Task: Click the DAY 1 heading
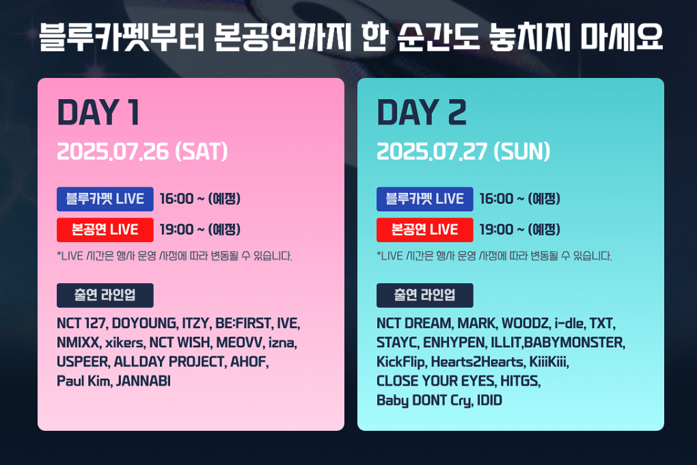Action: (98, 113)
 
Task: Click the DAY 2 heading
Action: (422, 113)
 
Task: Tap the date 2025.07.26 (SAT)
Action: (142, 151)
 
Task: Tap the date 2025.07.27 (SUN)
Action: (463, 151)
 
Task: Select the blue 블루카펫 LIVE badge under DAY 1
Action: (105, 199)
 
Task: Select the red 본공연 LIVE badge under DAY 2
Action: (424, 230)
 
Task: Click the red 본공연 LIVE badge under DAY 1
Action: (105, 230)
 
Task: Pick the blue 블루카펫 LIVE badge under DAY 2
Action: (424, 199)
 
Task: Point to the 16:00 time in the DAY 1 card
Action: (176, 199)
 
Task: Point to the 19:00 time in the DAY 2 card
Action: (495, 230)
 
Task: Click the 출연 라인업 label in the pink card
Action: (105, 295)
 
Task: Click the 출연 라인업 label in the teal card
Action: (424, 295)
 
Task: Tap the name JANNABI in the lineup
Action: (143, 381)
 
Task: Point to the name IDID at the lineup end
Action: (489, 401)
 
